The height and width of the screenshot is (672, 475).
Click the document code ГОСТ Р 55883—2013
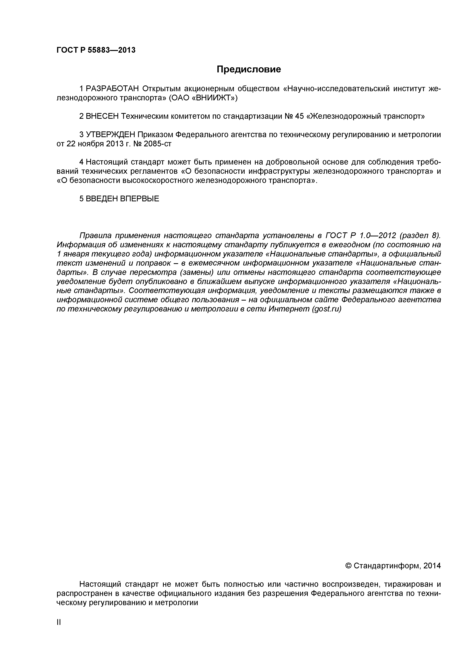point(96,50)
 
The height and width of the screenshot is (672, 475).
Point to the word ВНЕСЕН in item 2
point(102,116)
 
